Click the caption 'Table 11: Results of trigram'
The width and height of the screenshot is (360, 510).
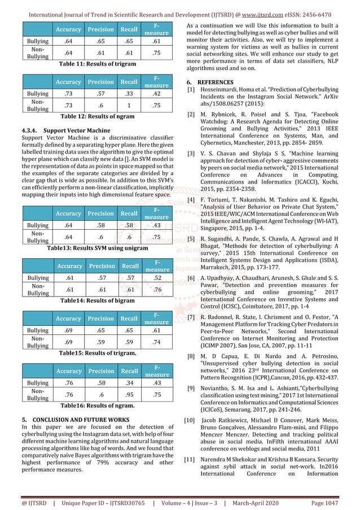point(94,65)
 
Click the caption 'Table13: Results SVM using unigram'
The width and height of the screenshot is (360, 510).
point(93,247)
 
